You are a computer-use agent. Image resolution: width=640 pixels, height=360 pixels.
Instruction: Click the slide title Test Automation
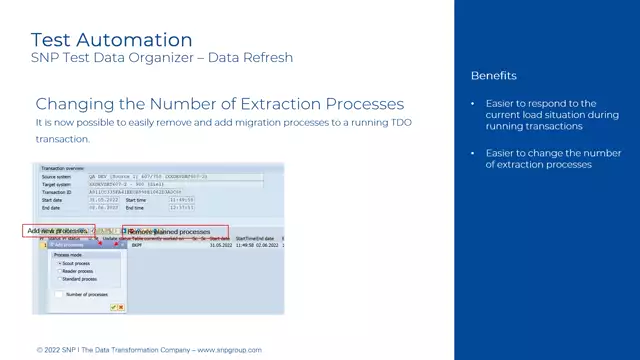coord(111,40)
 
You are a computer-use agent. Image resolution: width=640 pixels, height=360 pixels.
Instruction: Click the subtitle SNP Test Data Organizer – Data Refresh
coord(162,58)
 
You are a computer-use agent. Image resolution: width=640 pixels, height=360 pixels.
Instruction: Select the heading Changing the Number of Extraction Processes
coord(219,104)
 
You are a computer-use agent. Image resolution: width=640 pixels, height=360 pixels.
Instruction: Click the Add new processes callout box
coord(57,231)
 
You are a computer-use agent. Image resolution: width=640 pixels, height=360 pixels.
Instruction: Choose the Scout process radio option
coord(60,263)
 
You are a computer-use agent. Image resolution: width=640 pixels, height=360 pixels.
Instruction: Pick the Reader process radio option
coord(60,271)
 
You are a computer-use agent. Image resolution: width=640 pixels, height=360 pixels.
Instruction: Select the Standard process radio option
coord(60,279)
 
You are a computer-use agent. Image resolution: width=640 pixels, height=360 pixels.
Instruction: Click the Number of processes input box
coord(60,295)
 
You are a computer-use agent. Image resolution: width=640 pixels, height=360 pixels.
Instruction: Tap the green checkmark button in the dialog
coord(113,307)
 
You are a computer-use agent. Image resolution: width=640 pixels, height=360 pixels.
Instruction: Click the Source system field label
coord(56,177)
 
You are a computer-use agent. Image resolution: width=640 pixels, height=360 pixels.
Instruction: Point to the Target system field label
coord(56,184)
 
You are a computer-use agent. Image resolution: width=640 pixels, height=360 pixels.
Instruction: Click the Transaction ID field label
coord(56,192)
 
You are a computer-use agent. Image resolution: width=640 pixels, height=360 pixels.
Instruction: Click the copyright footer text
coord(148,350)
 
